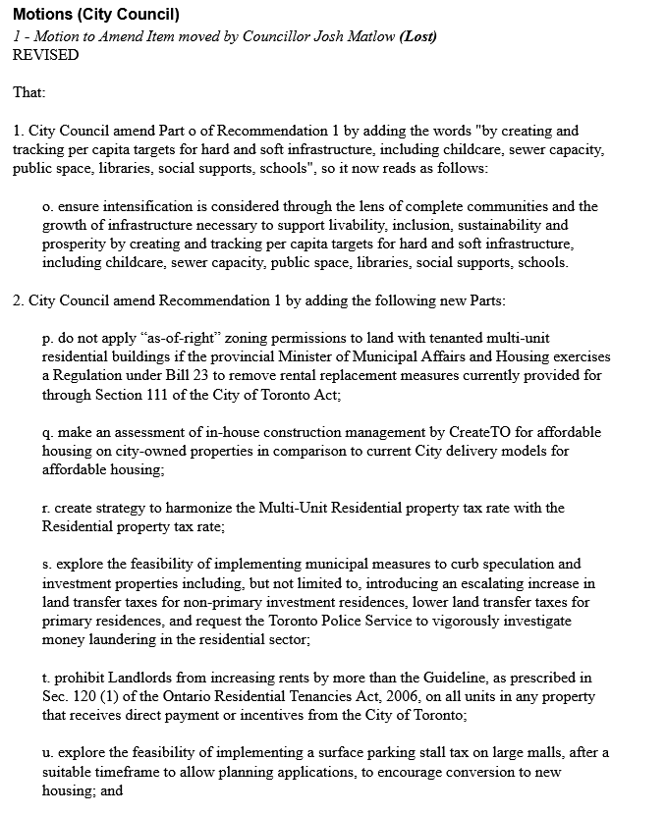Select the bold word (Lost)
[417, 36]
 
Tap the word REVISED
[45, 55]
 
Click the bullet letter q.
[46, 432]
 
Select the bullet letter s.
[45, 564]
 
